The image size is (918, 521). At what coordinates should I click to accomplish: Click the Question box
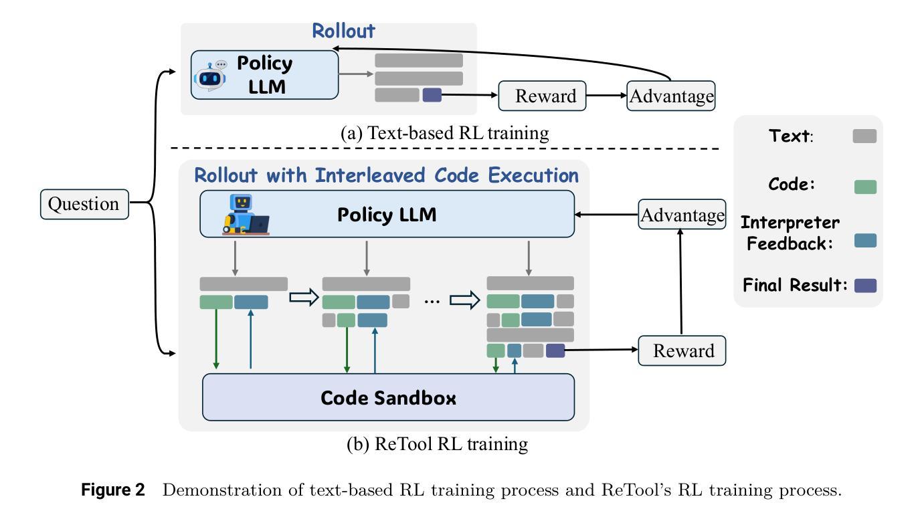coord(84,204)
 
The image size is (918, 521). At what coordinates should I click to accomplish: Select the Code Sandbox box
coord(388,397)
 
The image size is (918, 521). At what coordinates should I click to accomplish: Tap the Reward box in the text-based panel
coord(542,96)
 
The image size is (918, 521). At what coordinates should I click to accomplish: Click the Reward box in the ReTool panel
coord(682,350)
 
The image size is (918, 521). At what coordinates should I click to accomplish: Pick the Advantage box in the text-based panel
coord(671,96)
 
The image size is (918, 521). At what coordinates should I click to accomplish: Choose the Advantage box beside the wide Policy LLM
coord(682,214)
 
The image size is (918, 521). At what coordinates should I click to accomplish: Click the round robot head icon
coord(211,76)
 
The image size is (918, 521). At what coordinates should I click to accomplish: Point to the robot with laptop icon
coord(246,215)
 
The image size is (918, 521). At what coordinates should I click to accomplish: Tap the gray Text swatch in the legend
coord(864,136)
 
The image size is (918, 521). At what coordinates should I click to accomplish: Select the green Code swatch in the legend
coord(865,187)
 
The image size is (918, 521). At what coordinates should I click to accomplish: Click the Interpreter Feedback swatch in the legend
coord(865,240)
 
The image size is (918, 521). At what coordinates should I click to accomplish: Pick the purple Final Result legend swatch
coord(865,286)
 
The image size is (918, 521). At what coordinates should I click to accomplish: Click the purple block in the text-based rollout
coord(432,95)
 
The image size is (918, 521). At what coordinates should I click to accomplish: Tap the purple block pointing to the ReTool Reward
coord(555,350)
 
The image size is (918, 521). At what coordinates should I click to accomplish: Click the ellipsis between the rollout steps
coord(432,302)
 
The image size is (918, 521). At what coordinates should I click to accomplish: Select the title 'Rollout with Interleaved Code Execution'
coord(386,175)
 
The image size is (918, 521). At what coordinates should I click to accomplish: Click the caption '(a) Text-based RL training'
coord(445,133)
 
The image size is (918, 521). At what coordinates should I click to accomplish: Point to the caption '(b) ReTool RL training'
coord(438,444)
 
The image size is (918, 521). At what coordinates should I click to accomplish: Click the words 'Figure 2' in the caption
coord(112,490)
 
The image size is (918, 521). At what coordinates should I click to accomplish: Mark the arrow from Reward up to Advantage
coord(680,282)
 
